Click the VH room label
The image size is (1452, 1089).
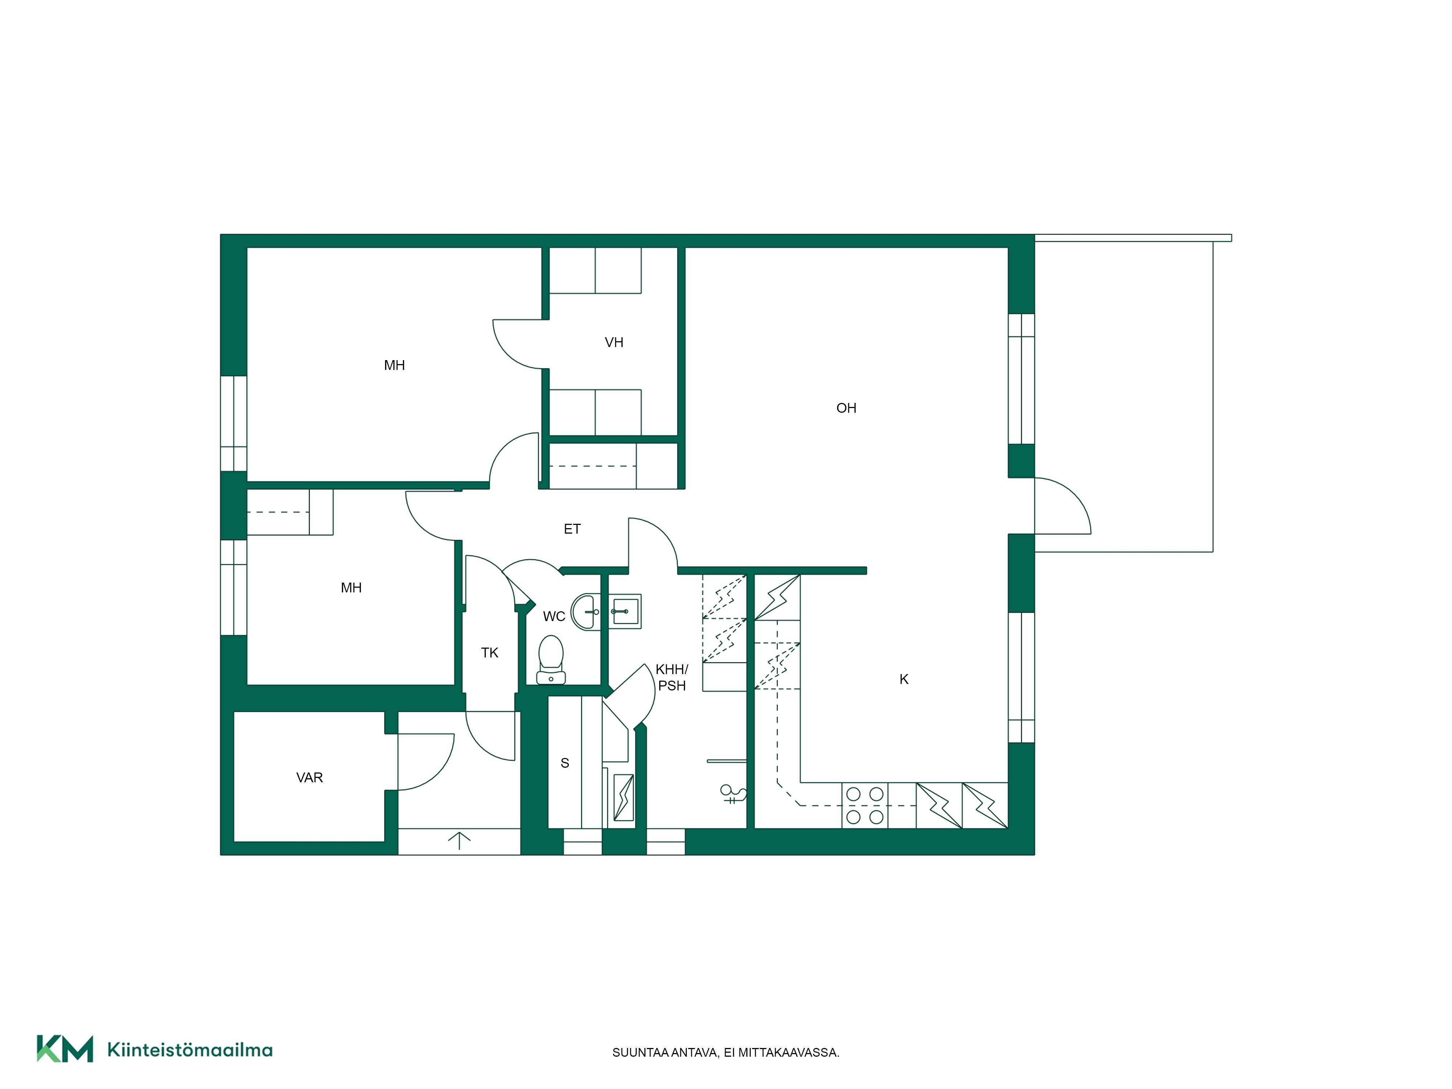(614, 342)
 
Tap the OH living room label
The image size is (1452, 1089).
(846, 408)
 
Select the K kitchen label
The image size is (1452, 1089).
(904, 680)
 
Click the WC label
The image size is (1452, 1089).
(554, 616)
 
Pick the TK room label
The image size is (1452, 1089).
(490, 652)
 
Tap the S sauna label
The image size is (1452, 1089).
(564, 763)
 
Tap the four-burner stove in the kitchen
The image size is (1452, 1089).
(865, 805)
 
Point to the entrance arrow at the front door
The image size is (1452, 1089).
(460, 841)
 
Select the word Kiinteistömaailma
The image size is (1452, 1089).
(190, 1050)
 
